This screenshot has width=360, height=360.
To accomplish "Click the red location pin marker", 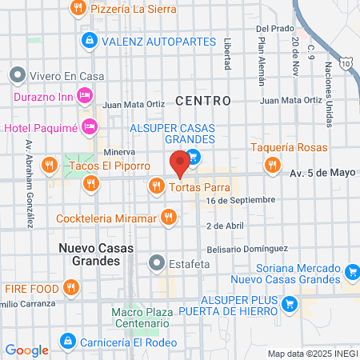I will pyautogui.click(x=180, y=163).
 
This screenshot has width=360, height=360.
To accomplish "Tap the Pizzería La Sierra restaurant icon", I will pyautogui.click(x=78, y=8).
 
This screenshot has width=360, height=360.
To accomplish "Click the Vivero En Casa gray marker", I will pyautogui.click(x=17, y=76).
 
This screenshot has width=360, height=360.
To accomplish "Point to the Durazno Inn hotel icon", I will pyautogui.click(x=86, y=96).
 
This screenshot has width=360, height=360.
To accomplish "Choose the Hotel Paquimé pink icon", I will pyautogui.click(x=90, y=126).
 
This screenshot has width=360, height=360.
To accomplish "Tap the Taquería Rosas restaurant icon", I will pyautogui.click(x=273, y=164).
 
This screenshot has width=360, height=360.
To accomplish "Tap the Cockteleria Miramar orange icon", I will pyautogui.click(x=168, y=216).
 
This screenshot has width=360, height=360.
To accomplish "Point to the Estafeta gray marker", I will pyautogui.click(x=158, y=261).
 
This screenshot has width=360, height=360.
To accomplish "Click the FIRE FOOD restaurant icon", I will pyautogui.click(x=71, y=286).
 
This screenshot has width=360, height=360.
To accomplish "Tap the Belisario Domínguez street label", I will pyautogui.click(x=241, y=249).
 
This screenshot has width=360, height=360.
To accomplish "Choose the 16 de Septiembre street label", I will pyautogui.click(x=240, y=200).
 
